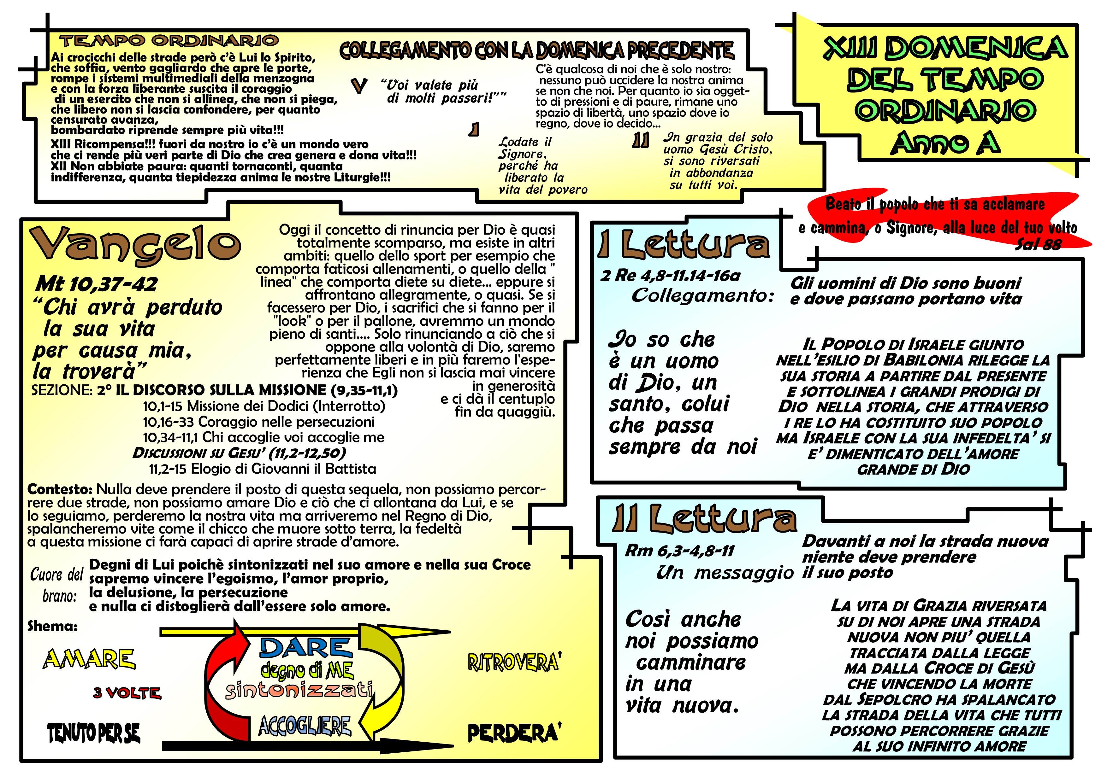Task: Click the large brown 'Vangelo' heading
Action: click(x=135, y=244)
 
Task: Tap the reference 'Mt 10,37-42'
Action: click(x=97, y=284)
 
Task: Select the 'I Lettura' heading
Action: click(x=684, y=244)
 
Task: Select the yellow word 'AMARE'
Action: click(x=89, y=659)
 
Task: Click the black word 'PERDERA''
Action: click(x=514, y=732)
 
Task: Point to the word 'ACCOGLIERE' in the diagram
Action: click(x=305, y=726)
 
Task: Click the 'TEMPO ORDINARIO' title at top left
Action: click(x=169, y=40)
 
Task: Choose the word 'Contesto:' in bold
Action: click(x=60, y=489)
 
